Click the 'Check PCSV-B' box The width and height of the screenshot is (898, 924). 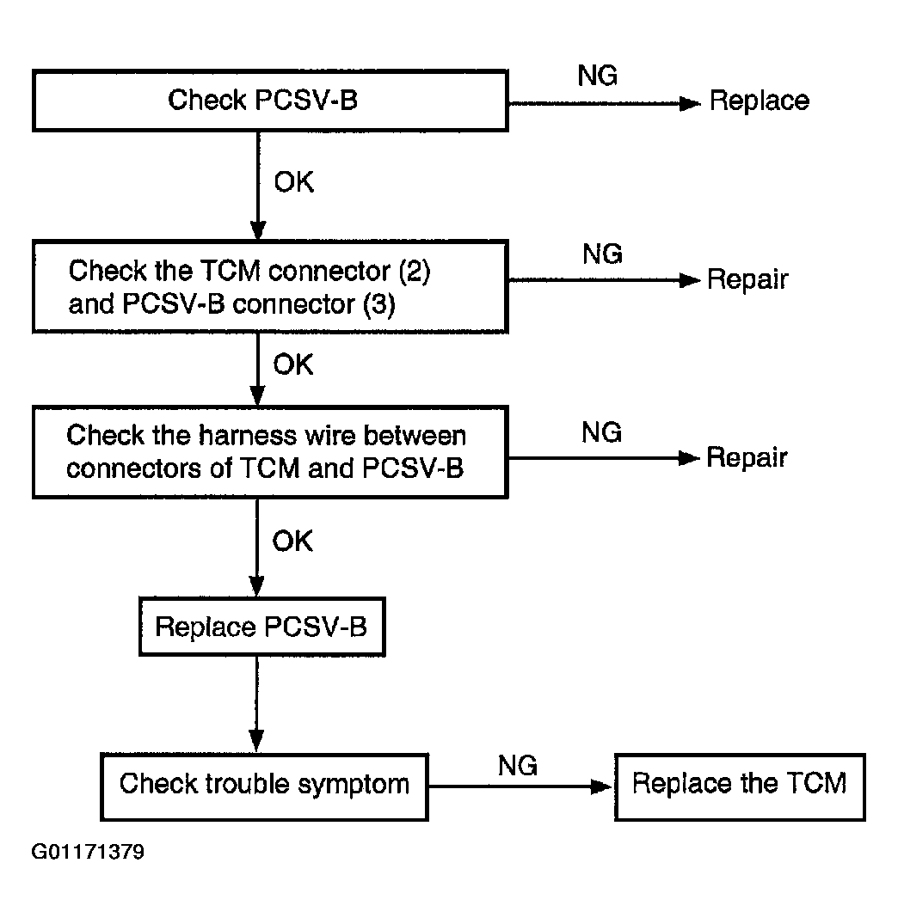pos(270,101)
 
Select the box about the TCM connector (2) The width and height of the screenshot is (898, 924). pos(270,287)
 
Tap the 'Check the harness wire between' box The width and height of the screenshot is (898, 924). pos(270,453)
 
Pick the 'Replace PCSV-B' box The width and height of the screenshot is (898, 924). pos(261,627)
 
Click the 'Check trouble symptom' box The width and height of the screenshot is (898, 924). pos(264,786)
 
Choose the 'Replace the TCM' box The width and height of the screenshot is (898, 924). pos(740,786)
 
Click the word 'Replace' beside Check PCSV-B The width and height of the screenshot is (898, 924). pos(760,101)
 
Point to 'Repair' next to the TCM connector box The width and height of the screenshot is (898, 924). pos(747,279)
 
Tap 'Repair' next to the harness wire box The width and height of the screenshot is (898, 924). pos(747,457)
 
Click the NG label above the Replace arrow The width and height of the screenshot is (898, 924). pos(597,76)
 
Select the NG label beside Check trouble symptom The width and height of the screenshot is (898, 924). pos(518,766)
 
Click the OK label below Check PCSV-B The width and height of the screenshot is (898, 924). pos(293,182)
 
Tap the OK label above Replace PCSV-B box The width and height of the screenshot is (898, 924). pos(292,541)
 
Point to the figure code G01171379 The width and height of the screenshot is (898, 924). pos(88,852)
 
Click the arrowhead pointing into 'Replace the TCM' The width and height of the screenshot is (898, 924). pos(602,786)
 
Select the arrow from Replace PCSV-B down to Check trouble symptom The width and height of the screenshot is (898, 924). pos(256,704)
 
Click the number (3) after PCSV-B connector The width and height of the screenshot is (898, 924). pos(378,304)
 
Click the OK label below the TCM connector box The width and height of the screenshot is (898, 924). pos(293,364)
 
